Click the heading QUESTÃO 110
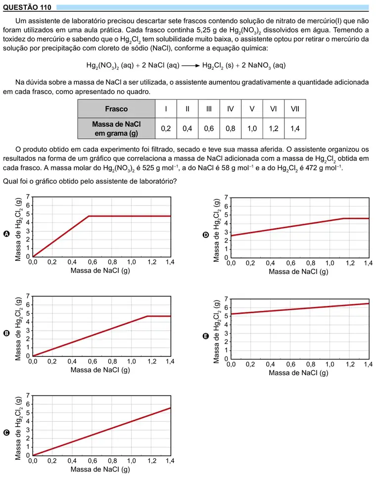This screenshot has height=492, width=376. pos(27,7)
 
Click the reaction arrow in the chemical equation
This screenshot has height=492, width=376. pos(190,65)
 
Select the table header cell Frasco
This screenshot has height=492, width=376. pos(116,109)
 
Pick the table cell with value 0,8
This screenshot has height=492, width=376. pos(231,129)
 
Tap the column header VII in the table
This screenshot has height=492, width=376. pos(295,109)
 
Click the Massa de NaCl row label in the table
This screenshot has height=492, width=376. pos(116,129)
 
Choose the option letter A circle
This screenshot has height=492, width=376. pos(6,234)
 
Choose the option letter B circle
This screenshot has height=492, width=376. pos(6,333)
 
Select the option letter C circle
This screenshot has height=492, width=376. pos(6,433)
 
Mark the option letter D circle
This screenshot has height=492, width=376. pos(206,235)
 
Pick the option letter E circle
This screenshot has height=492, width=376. pos(206,336)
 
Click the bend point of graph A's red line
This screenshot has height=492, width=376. pos(89,216)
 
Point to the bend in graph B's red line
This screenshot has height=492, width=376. pos(147,316)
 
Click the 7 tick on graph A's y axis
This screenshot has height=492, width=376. pos(28,197)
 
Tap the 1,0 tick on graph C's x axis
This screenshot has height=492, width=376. pos(132,461)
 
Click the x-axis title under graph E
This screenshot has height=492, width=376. pos(298,373)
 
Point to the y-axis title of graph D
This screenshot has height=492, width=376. pos(216,231)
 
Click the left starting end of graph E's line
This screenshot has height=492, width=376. pos(231,314)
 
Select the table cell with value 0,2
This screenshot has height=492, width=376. pos(166,129)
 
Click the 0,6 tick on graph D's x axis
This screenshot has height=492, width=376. pos(290,263)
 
